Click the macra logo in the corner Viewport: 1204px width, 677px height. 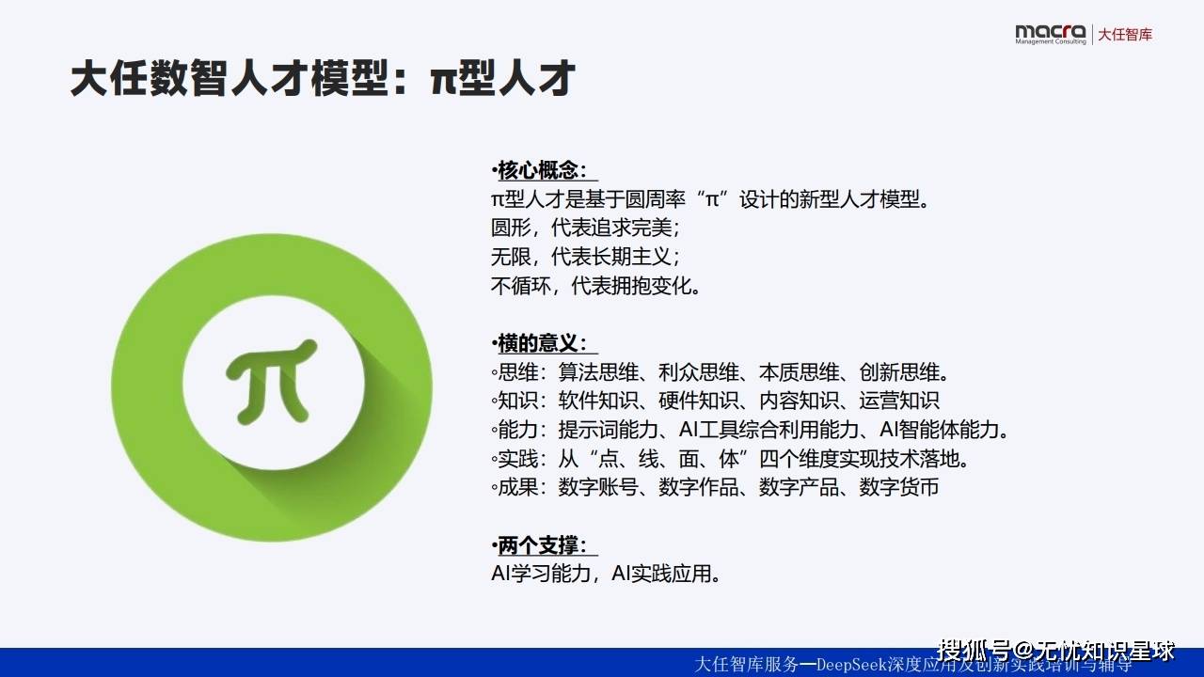point(1051,34)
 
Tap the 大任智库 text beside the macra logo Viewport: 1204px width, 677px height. point(1125,35)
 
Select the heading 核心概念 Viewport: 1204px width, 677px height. point(542,170)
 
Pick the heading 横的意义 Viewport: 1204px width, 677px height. point(542,343)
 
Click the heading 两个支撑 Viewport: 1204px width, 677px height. point(542,545)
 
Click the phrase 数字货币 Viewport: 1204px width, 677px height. point(899,487)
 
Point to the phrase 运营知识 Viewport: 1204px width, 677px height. point(899,401)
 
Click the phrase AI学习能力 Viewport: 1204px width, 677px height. point(543,574)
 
